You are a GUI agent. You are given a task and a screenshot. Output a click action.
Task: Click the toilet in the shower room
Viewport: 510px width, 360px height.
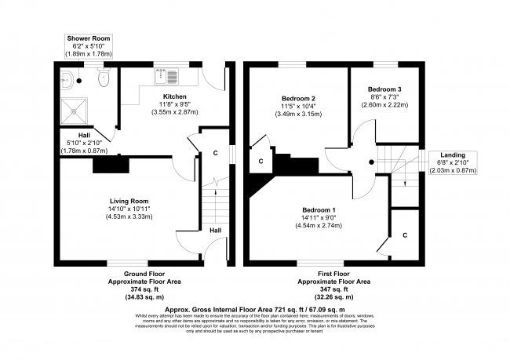[x=101, y=78]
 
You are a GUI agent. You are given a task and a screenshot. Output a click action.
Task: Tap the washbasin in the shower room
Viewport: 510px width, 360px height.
[x=68, y=78]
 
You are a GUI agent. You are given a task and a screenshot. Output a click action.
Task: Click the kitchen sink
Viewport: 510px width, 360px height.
[x=166, y=77]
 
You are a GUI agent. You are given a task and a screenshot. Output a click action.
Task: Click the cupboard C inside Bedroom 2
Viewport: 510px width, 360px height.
[x=260, y=161]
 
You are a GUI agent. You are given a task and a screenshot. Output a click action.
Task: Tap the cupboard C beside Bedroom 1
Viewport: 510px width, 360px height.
[x=405, y=235]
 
